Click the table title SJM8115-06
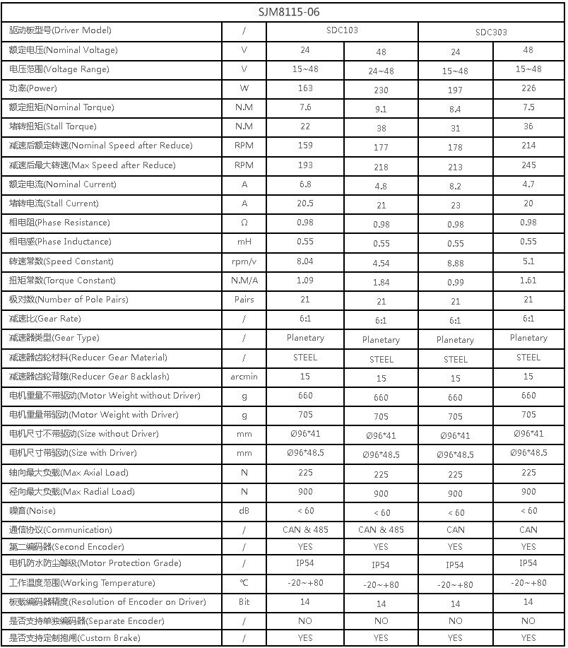[x=283, y=12]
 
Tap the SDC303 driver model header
[x=491, y=32]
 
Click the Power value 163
[x=304, y=88]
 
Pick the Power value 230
[x=381, y=90]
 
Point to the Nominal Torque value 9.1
[x=381, y=110]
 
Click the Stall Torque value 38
[x=381, y=129]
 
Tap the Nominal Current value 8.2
[x=455, y=187]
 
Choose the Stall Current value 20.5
[x=304, y=203]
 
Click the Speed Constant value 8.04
[x=304, y=261]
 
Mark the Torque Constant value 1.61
[x=528, y=281]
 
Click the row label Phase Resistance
[x=59, y=223]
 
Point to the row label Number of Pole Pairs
[x=69, y=300]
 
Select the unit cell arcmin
[x=244, y=377]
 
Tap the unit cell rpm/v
[x=244, y=261]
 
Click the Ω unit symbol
[x=244, y=223]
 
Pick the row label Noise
[x=32, y=510]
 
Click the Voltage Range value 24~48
[x=381, y=71]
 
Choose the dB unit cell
[x=244, y=510]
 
